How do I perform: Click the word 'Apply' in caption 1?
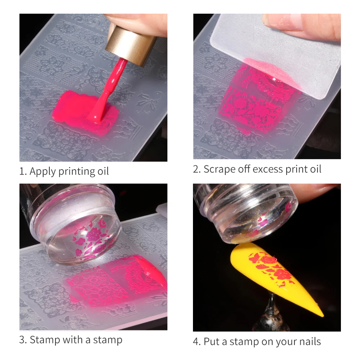pos(43,171)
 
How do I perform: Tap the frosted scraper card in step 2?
pos(275,55)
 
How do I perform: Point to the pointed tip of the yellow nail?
pos(323,315)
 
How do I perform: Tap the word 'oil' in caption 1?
pos(103,171)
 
